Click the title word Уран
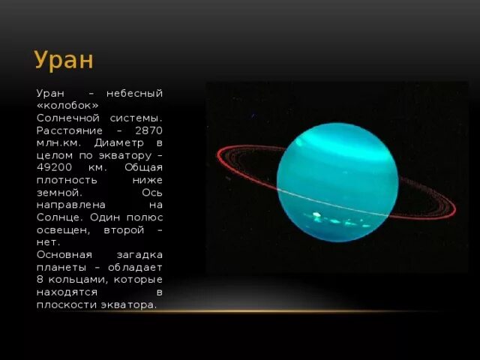coord(64,59)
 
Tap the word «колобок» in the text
coord(67,105)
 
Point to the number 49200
coord(55,167)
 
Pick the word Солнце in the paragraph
coord(57,217)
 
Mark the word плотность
coord(65,180)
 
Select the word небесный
coord(134,93)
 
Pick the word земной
coord(59,192)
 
